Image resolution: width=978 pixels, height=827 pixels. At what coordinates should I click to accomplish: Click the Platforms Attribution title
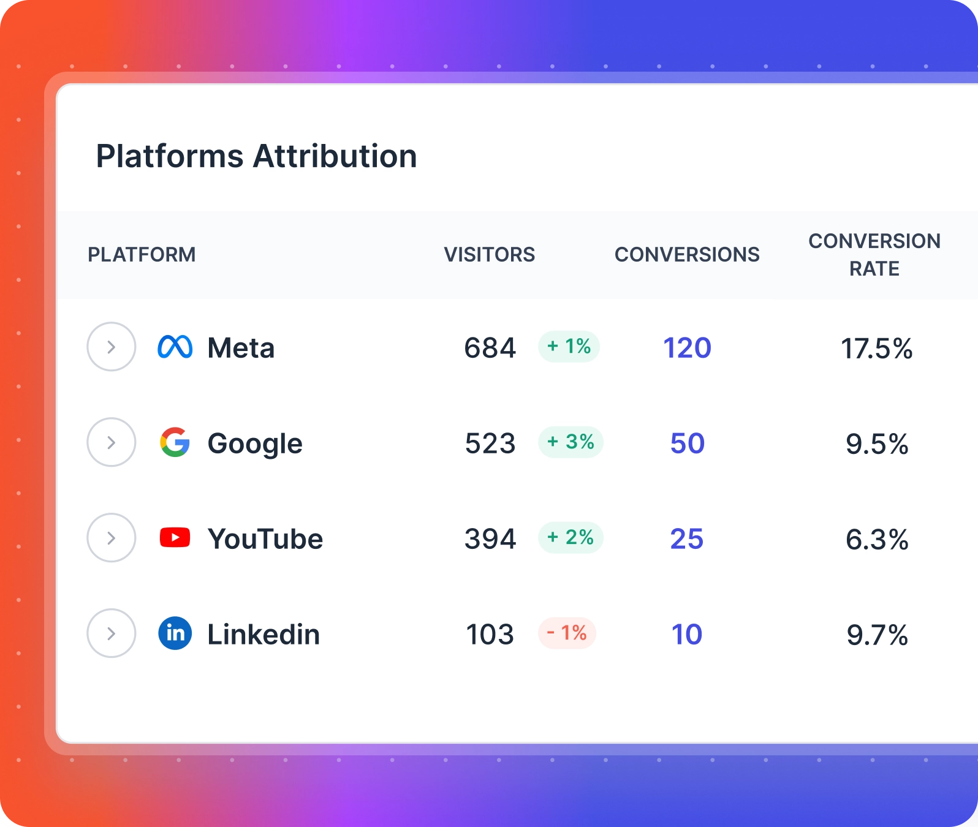256,156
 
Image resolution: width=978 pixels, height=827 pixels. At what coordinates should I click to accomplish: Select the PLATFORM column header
142,255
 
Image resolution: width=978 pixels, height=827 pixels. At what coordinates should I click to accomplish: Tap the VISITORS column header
489,255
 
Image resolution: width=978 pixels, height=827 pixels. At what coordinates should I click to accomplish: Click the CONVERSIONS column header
687,255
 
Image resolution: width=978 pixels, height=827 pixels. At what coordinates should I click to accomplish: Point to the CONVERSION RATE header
874,255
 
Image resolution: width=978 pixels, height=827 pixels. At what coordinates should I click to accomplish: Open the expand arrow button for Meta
112,347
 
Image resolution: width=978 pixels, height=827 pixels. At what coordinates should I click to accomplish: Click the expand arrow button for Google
112,443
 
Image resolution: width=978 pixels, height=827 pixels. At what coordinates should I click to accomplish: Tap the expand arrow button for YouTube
112,538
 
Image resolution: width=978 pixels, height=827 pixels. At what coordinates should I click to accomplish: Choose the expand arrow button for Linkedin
112,634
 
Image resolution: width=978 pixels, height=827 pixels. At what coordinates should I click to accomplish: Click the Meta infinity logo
175,347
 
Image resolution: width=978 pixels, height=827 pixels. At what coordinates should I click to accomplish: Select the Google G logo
175,443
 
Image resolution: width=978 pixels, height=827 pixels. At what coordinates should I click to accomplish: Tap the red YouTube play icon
175,538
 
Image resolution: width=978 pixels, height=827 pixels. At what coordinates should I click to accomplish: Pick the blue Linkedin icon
175,634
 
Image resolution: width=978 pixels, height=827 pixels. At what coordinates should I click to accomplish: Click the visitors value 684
490,348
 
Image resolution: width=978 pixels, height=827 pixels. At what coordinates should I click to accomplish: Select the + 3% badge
570,442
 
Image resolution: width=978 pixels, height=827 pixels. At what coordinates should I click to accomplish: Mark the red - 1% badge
567,633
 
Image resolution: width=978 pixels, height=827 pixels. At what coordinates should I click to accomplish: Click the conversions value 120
687,348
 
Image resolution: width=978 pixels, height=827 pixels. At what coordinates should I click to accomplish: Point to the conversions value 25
687,539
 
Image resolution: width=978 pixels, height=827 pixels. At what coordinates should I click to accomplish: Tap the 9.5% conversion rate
877,444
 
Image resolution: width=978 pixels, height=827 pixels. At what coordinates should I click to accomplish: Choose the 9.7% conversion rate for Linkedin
877,635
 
